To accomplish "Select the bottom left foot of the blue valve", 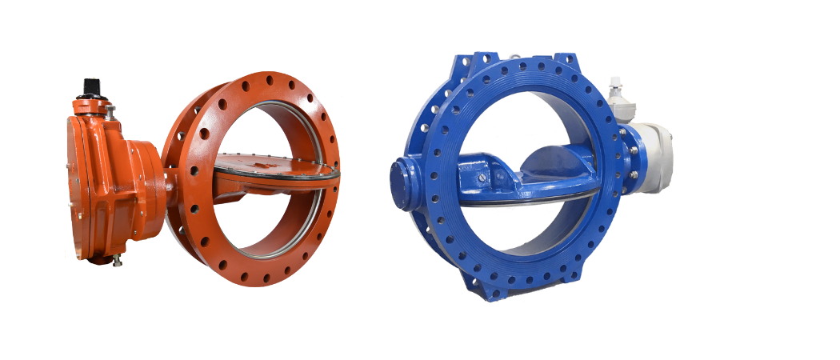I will [x=478, y=289].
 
